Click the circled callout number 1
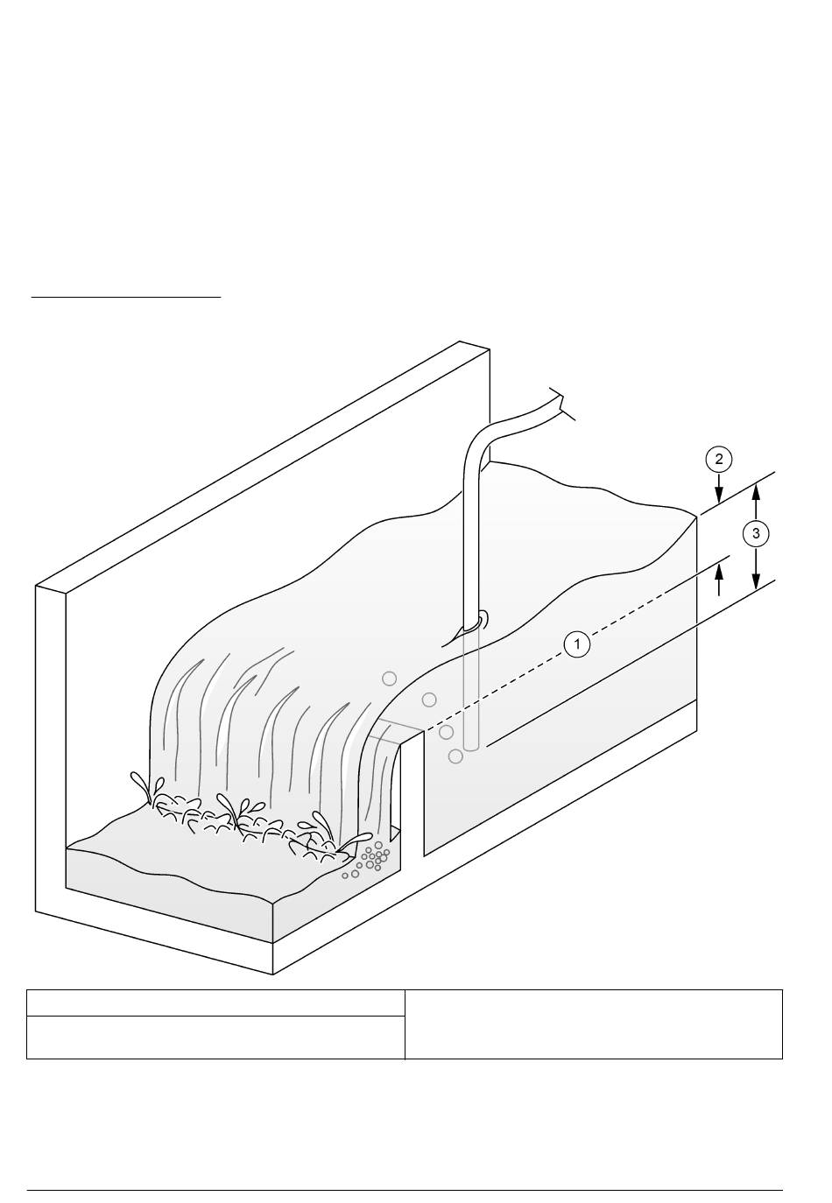(x=577, y=644)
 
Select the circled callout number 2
(x=719, y=459)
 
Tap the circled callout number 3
(x=756, y=534)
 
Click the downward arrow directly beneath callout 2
(x=719, y=487)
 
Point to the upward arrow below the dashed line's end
(x=719, y=581)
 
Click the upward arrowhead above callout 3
(x=756, y=492)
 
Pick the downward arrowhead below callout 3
(x=756, y=580)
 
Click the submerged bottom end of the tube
(x=470, y=747)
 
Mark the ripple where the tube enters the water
(x=473, y=623)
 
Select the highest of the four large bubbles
(x=389, y=679)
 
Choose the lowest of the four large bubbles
(x=455, y=756)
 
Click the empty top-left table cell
(x=215, y=1002)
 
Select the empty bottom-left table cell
(x=215, y=1037)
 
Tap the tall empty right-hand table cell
(x=593, y=1024)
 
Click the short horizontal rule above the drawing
(x=126, y=296)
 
